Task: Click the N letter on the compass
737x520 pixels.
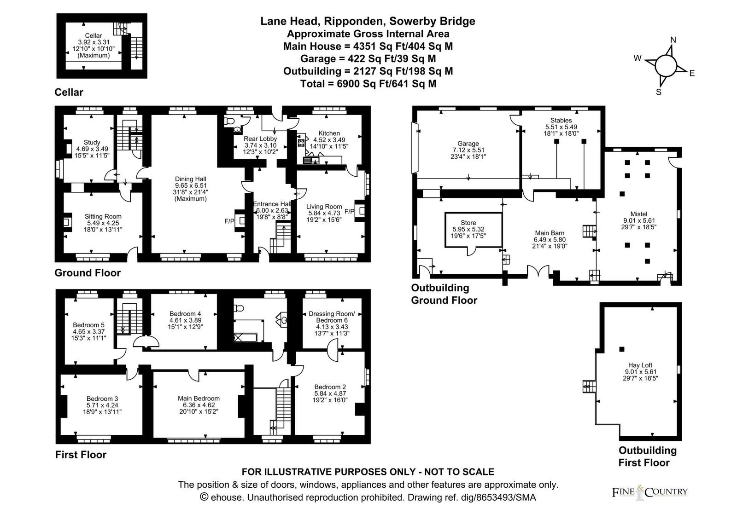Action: [x=673, y=40]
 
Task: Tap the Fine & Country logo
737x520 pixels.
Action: [x=649, y=492]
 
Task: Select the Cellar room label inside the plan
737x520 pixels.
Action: [x=94, y=35]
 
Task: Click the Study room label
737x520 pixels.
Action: [x=92, y=142]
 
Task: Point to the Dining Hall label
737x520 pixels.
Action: [x=191, y=179]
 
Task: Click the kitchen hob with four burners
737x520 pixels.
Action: [x=301, y=143]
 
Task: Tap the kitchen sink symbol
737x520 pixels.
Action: [x=311, y=161]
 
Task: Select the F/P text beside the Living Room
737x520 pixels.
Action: [x=349, y=211]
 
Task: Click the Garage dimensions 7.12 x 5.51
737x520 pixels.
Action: [x=468, y=150]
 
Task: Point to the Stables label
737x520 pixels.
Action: [x=561, y=120]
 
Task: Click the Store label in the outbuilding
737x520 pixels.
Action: [x=468, y=223]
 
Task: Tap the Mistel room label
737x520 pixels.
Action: [x=639, y=214]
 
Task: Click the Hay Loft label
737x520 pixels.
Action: [x=640, y=365]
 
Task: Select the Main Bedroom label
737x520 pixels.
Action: [x=199, y=399]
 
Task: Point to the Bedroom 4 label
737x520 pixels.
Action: [x=185, y=313]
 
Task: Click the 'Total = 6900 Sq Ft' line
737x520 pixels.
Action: [x=368, y=83]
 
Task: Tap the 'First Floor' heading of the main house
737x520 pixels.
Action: [x=81, y=455]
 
